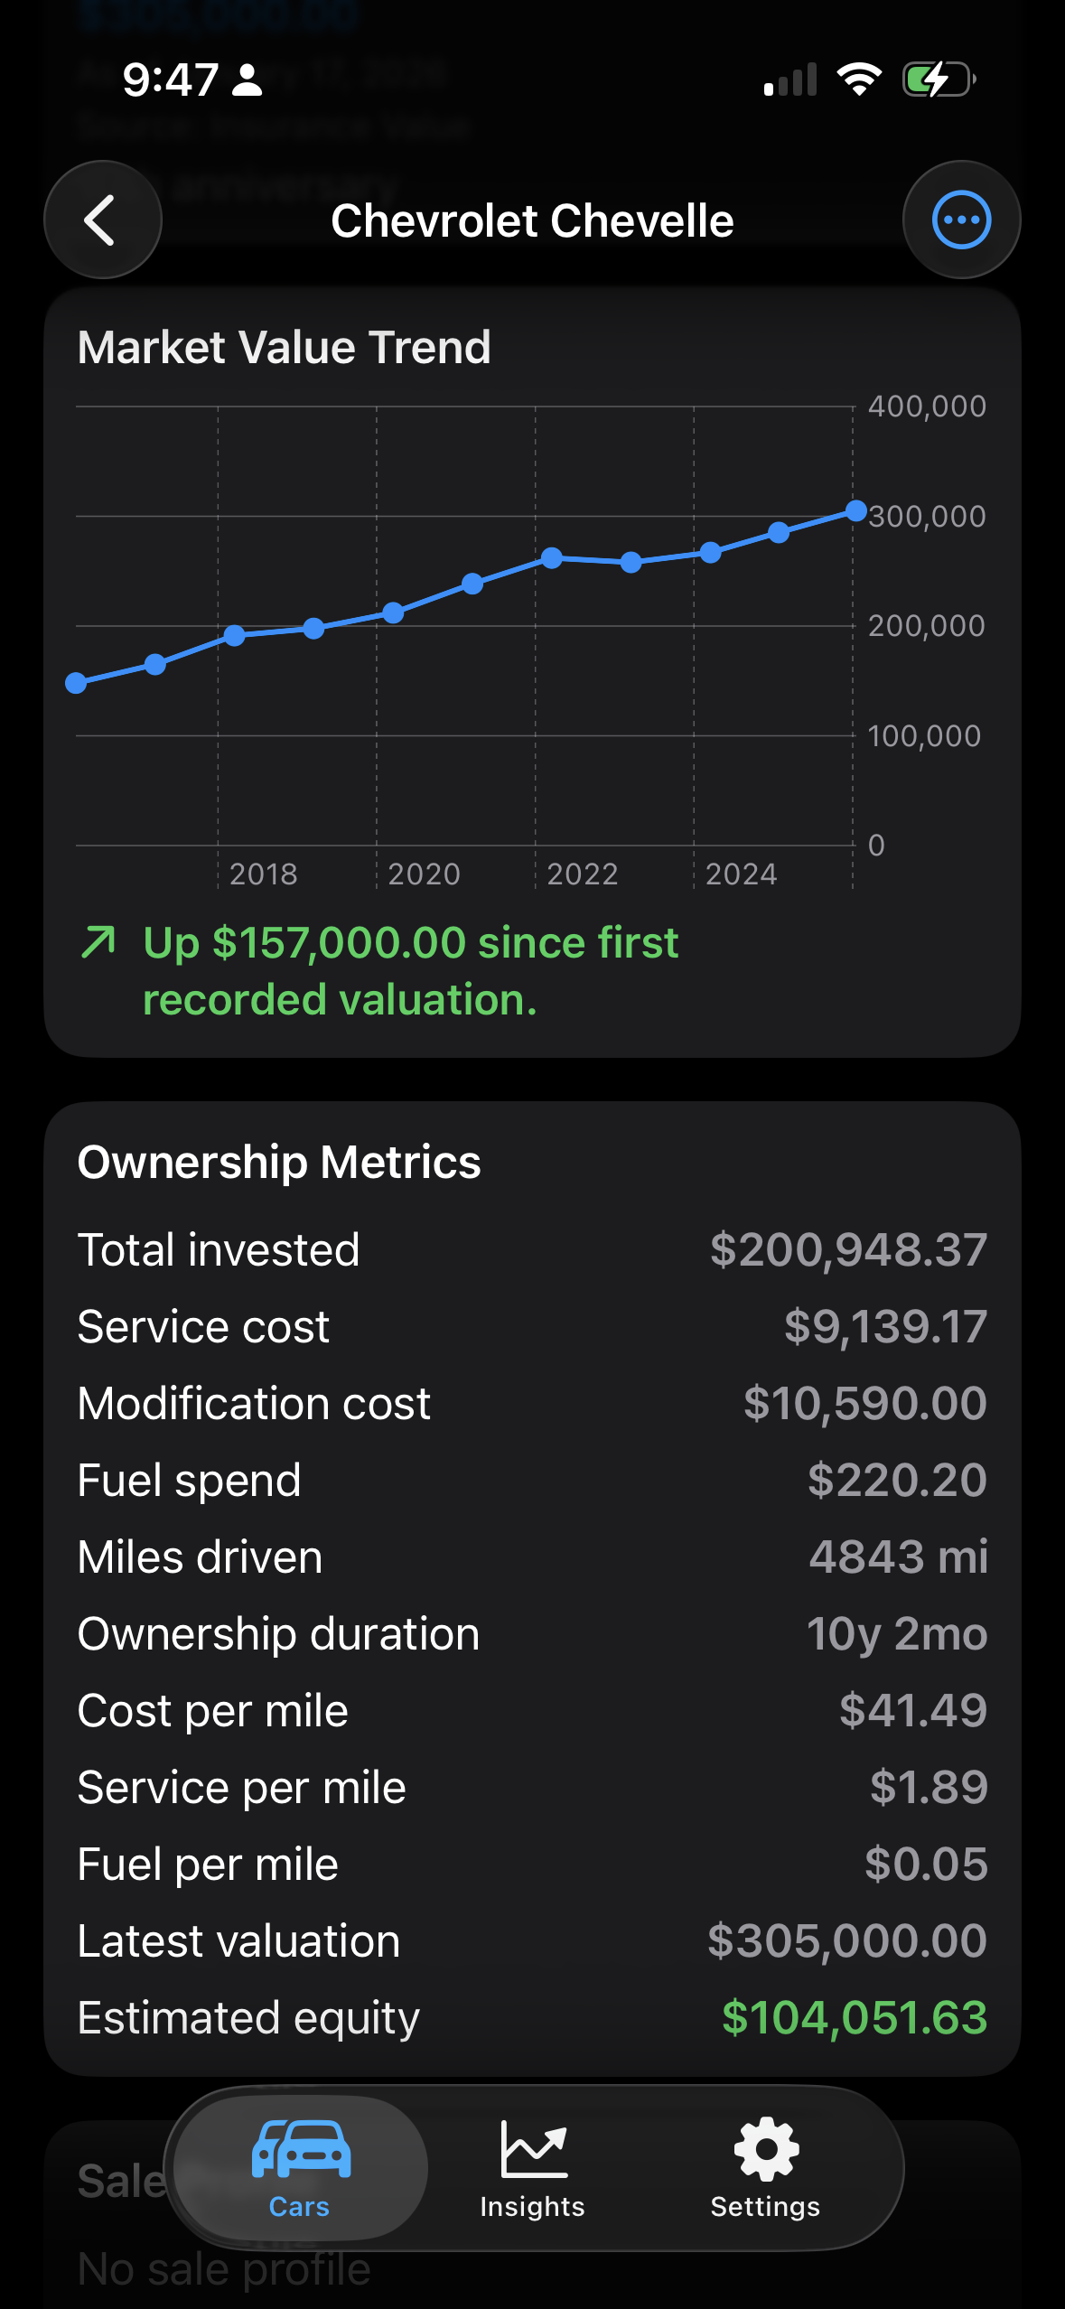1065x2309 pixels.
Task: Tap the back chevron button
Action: coord(102,220)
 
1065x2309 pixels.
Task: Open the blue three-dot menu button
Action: coord(961,220)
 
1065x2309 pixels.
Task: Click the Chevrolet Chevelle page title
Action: coord(532,221)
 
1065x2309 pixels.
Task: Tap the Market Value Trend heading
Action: coord(284,348)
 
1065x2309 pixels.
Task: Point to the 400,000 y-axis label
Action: coord(926,407)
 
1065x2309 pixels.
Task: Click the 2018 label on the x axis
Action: coord(263,874)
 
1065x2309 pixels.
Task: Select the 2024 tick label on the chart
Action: coord(741,874)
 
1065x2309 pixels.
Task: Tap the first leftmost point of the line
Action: coord(77,683)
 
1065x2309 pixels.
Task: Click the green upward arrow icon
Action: coord(98,941)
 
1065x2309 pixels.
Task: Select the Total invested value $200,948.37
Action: coord(847,1250)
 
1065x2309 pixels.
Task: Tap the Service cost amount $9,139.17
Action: coord(884,1327)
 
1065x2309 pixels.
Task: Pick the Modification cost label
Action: coord(254,1404)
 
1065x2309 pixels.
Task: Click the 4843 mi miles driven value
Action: coord(897,1557)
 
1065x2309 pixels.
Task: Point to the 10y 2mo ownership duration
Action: coord(896,1634)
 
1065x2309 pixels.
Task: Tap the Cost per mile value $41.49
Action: coord(912,1711)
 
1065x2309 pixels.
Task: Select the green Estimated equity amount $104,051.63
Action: coord(854,2018)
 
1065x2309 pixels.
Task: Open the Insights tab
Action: coord(532,2168)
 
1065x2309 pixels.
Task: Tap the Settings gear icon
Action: coord(766,2150)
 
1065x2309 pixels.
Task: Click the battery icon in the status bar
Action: coord(939,79)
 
